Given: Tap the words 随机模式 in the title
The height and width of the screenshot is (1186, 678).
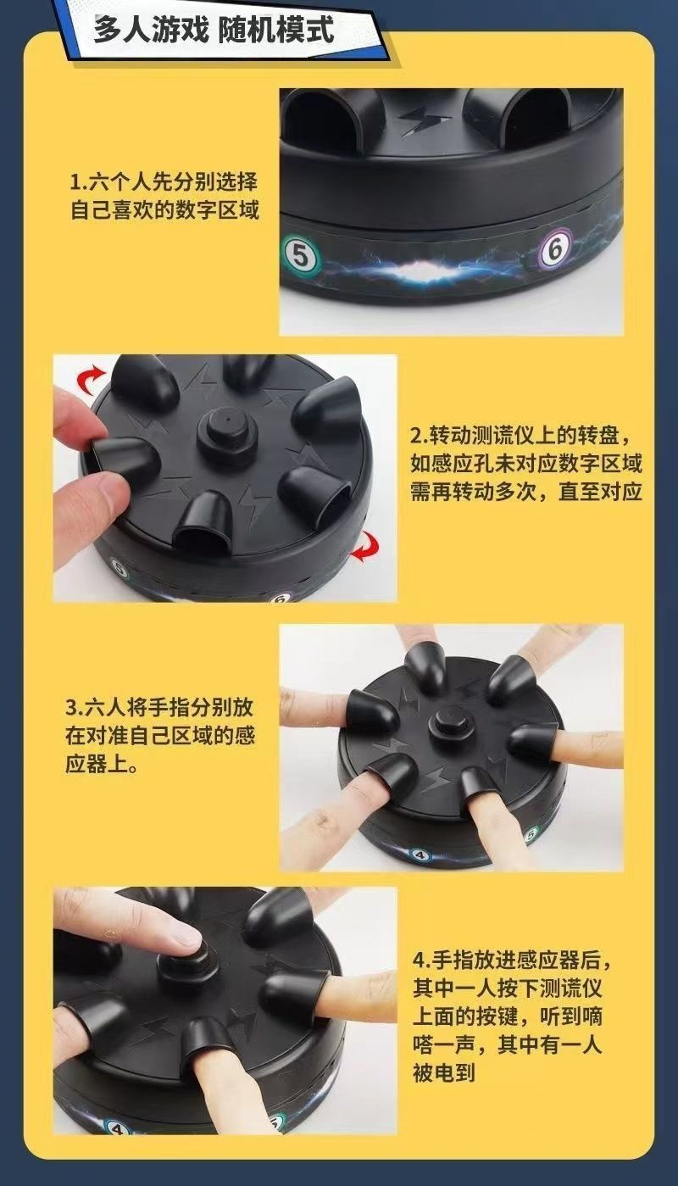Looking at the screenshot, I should (x=276, y=31).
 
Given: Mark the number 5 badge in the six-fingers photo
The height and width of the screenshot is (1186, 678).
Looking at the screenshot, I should (x=531, y=835).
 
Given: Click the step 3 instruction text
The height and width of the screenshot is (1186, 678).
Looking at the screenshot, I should (x=160, y=736).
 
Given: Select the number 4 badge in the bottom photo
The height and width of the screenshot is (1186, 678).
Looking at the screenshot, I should (x=114, y=1127).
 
